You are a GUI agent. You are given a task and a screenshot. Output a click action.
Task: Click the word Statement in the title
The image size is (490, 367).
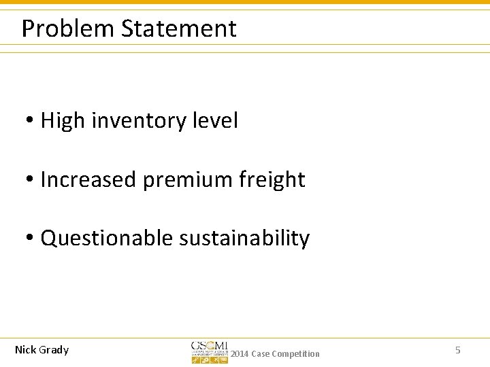pyautogui.click(x=179, y=29)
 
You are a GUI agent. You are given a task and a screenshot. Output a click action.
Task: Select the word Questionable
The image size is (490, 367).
pyautogui.click(x=107, y=239)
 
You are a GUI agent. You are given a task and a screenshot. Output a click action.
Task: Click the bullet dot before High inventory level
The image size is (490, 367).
pyautogui.click(x=31, y=122)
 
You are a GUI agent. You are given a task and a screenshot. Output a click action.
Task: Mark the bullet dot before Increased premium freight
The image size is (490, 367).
pyautogui.click(x=31, y=181)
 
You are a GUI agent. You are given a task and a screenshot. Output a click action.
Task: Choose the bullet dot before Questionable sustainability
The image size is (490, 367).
pyautogui.click(x=31, y=239)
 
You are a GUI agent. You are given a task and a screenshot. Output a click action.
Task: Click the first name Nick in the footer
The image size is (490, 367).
pyautogui.click(x=26, y=350)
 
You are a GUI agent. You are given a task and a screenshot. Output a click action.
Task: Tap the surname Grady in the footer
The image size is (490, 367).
pyautogui.click(x=54, y=350)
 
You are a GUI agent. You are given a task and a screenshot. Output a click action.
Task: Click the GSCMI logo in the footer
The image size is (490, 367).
pyautogui.click(x=210, y=351)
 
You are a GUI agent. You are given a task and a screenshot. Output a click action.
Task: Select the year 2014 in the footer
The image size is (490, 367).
pyautogui.click(x=240, y=354)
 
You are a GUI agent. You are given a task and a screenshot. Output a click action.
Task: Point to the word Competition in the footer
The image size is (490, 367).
pyautogui.click(x=295, y=354)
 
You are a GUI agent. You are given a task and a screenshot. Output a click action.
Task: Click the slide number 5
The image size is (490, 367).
pyautogui.click(x=458, y=350)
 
